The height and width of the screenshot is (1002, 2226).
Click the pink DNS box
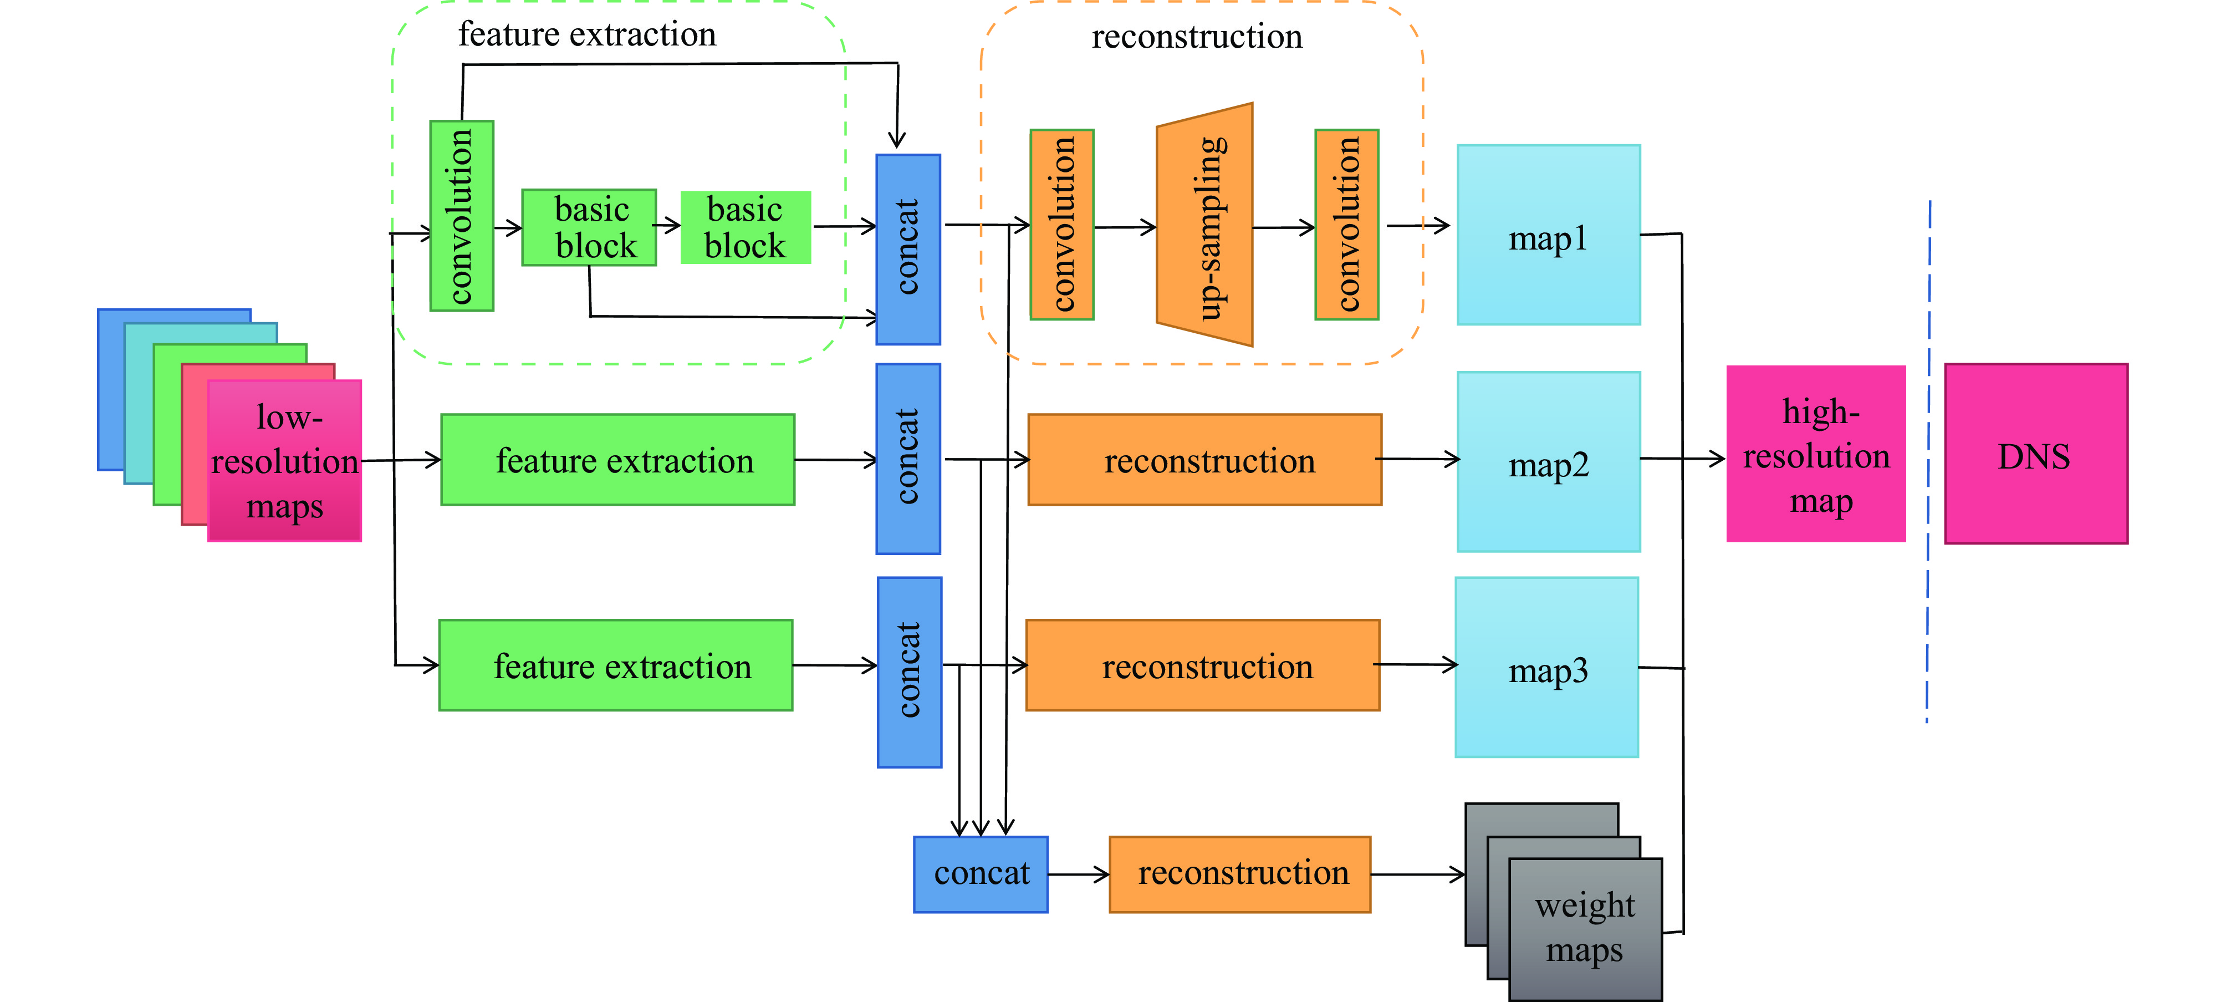coord(2035,454)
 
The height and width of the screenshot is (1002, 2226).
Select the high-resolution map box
coord(1815,454)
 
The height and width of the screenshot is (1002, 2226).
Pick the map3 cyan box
coord(1547,668)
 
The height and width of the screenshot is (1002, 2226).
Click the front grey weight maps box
coord(1585,929)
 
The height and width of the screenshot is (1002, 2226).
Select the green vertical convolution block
coord(462,215)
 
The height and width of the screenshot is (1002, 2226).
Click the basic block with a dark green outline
coord(589,227)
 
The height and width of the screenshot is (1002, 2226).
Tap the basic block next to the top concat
coord(746,227)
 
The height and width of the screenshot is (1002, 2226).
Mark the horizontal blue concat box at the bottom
coord(981,874)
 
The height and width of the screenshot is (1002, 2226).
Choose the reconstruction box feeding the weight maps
coord(1240,874)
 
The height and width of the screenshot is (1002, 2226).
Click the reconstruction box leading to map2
coord(1204,460)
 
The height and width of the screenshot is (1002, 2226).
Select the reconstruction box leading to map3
coord(1203,666)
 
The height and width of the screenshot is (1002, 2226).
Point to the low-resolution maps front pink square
coord(284,461)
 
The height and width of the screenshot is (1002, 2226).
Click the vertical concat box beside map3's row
coord(909,672)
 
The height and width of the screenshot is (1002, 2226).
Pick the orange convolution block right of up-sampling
coord(1346,225)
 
